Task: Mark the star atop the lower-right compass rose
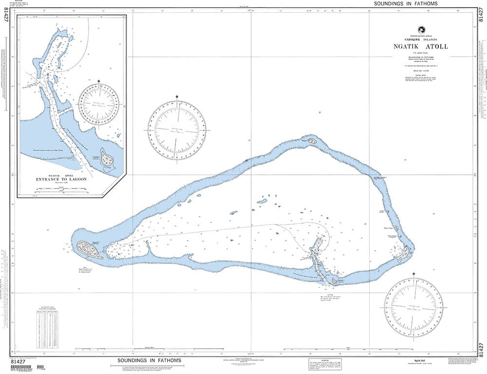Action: point(413,274)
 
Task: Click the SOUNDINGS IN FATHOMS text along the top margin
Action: point(405,3)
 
